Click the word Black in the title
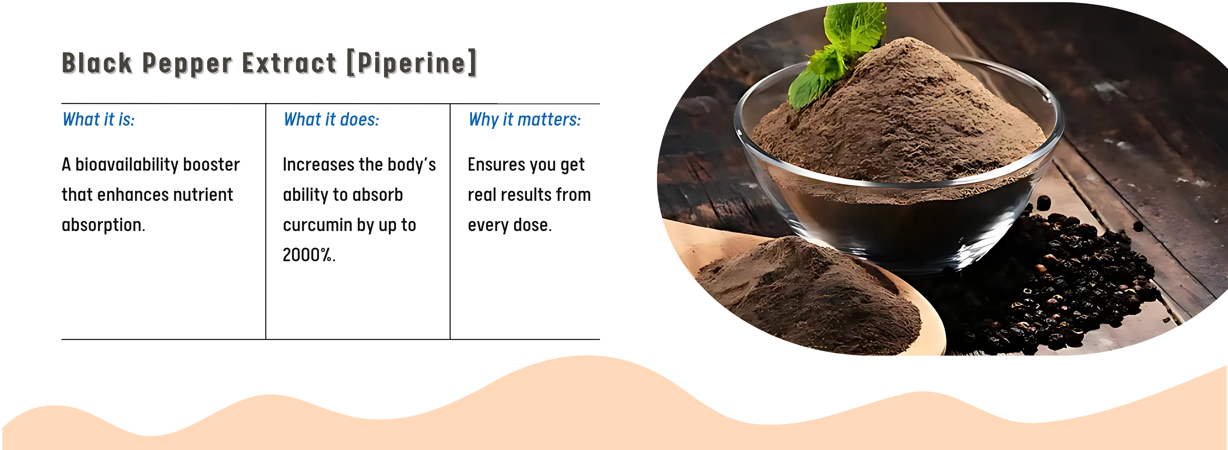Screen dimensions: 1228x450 coord(97,63)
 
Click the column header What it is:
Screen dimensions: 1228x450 coord(99,119)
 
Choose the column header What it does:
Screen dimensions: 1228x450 coord(331,119)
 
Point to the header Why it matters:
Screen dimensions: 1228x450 coord(525,119)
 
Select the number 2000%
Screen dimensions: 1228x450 coord(309,255)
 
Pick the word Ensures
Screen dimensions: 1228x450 coord(496,165)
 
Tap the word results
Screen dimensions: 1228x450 coord(529,195)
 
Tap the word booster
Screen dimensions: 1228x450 coord(211,165)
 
